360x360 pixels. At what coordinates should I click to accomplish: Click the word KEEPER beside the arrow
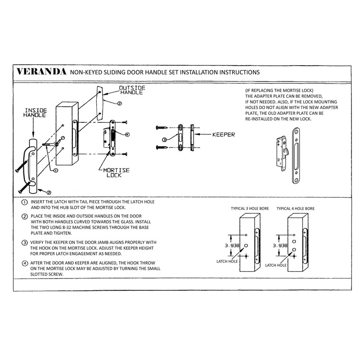(222, 134)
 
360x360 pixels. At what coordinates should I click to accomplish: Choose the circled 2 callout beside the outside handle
(119, 103)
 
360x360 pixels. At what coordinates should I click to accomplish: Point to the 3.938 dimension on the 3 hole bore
(233, 246)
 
